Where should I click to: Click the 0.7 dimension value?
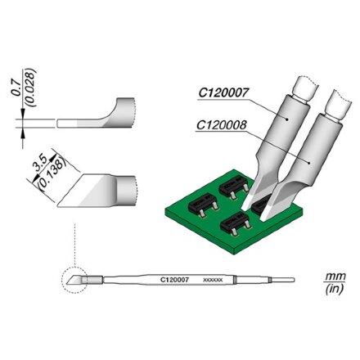click(16, 88)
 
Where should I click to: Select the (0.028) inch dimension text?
click(30, 88)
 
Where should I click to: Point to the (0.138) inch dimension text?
click(52, 173)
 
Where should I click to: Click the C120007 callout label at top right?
click(223, 93)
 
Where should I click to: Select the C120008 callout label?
click(222, 125)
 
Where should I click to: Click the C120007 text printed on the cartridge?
click(174, 280)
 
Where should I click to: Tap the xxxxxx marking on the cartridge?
click(214, 280)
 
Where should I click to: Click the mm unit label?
click(335, 276)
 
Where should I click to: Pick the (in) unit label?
click(335, 289)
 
